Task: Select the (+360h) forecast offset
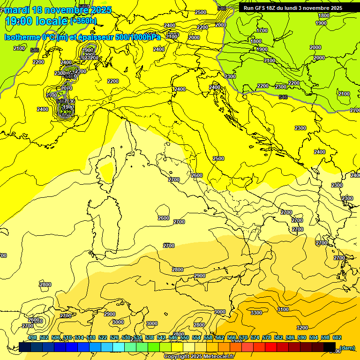83,21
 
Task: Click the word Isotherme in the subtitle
22,37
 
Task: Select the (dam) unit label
347,347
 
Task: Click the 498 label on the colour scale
32,338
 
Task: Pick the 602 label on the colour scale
337,338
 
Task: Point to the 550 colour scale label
185,338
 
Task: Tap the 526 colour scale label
114,338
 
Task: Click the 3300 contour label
256,313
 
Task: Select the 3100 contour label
283,309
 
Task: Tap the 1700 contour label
262,30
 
